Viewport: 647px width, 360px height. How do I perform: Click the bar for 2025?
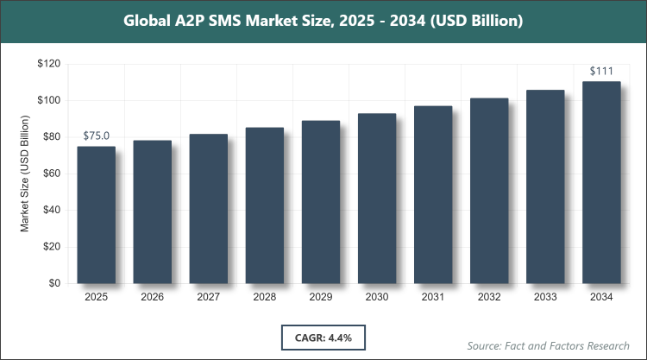click(96, 215)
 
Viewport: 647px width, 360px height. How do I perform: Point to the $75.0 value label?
click(97, 136)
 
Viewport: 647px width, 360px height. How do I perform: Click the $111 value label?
click(601, 71)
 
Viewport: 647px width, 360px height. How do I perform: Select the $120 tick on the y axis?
click(49, 64)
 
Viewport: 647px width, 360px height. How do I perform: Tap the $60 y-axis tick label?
click(52, 174)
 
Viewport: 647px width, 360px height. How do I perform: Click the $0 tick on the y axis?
click(55, 283)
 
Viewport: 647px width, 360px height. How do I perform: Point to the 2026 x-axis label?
click(152, 297)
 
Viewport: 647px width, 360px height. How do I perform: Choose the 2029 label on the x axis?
click(320, 297)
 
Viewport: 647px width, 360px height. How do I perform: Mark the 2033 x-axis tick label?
click(545, 297)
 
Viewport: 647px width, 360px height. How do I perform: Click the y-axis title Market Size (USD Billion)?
click(25, 174)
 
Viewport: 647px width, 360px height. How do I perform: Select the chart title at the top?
click(323, 21)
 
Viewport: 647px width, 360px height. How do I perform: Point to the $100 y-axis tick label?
click(49, 100)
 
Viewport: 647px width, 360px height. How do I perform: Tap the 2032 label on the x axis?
click(489, 297)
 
